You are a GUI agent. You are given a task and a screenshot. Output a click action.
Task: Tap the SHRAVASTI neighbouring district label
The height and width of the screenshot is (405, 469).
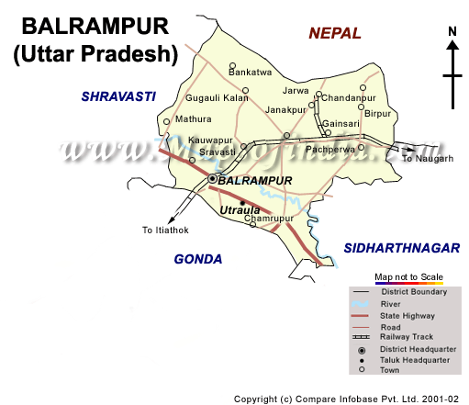coord(117,96)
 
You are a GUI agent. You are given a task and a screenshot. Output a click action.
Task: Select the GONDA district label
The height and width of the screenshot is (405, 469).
coord(198,259)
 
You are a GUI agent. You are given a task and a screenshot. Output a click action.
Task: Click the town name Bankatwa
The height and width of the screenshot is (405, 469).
coord(251,71)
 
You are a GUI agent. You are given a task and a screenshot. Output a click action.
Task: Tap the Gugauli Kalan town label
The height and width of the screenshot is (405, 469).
coord(218,96)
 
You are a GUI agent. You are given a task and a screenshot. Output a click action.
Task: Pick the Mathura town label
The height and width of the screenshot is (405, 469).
coord(193,118)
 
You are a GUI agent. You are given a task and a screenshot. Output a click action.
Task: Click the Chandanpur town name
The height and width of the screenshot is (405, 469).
coord(350,96)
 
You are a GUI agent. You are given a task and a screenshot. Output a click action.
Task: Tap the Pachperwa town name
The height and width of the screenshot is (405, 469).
coord(329,148)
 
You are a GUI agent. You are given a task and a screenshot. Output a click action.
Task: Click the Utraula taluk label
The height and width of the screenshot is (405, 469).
coord(241,212)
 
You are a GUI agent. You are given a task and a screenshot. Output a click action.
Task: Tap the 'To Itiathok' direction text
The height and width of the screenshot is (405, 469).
coord(165,230)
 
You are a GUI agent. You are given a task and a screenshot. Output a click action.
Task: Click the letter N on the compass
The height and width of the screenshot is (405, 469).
coord(452,32)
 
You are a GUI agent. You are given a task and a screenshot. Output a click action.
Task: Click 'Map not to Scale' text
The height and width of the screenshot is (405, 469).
coord(408,276)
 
